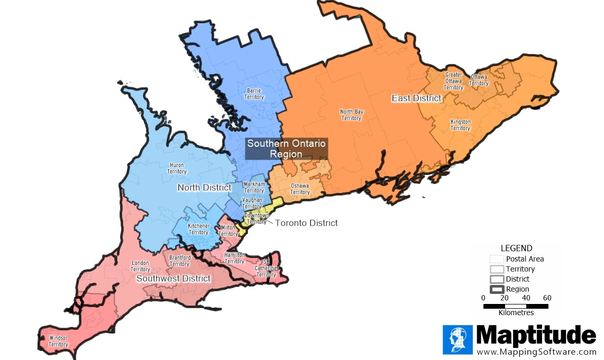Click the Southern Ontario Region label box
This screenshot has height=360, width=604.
(x=286, y=149)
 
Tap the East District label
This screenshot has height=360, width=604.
(x=416, y=98)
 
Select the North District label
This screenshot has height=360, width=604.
(x=204, y=188)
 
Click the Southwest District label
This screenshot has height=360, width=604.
(x=173, y=279)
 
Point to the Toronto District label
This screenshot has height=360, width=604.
(x=306, y=223)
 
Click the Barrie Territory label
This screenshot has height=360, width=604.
(x=254, y=94)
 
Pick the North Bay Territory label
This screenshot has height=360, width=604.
(x=351, y=115)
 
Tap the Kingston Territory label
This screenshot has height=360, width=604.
(x=460, y=125)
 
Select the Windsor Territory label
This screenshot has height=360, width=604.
(x=59, y=341)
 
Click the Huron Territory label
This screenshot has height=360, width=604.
(x=177, y=168)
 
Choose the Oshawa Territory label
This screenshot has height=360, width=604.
(x=300, y=189)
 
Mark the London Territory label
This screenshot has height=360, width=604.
(x=140, y=266)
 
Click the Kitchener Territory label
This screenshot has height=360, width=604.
(x=198, y=229)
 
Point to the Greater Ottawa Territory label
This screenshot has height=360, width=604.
(x=453, y=81)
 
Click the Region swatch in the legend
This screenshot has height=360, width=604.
(x=497, y=289)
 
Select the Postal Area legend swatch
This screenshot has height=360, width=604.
(x=497, y=259)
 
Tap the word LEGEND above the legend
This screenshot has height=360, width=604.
(x=516, y=248)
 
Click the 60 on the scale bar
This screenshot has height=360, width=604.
(x=547, y=298)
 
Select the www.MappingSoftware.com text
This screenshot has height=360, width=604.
(x=536, y=352)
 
